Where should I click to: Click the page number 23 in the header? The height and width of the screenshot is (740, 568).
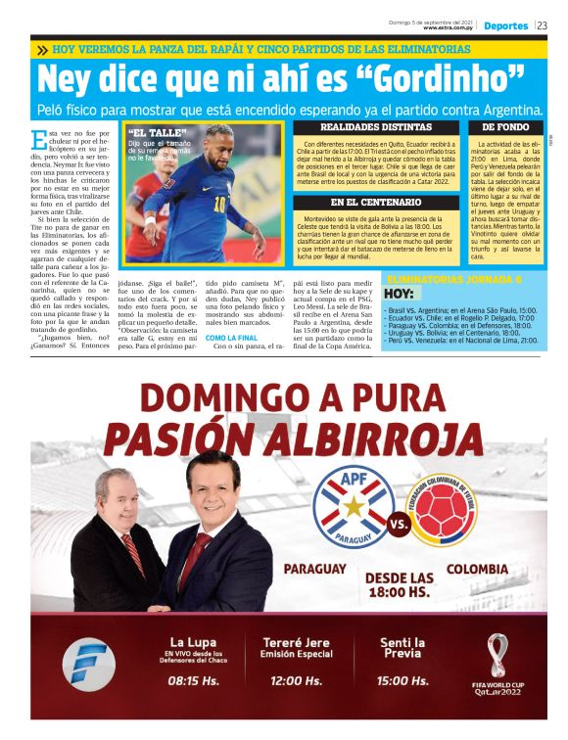point(542,25)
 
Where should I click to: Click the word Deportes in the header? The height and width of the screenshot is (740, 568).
point(505,25)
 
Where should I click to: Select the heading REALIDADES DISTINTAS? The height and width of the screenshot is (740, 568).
point(376,127)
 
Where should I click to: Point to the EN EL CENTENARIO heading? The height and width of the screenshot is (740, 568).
point(376,203)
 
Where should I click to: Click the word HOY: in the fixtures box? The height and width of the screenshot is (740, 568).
point(399,293)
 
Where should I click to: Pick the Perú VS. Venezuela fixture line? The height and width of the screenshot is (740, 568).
point(461,340)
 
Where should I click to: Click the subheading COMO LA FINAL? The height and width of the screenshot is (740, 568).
point(232,338)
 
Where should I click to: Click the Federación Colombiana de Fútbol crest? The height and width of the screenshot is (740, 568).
point(455,510)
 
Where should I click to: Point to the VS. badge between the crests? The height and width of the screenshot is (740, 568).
point(400,525)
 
